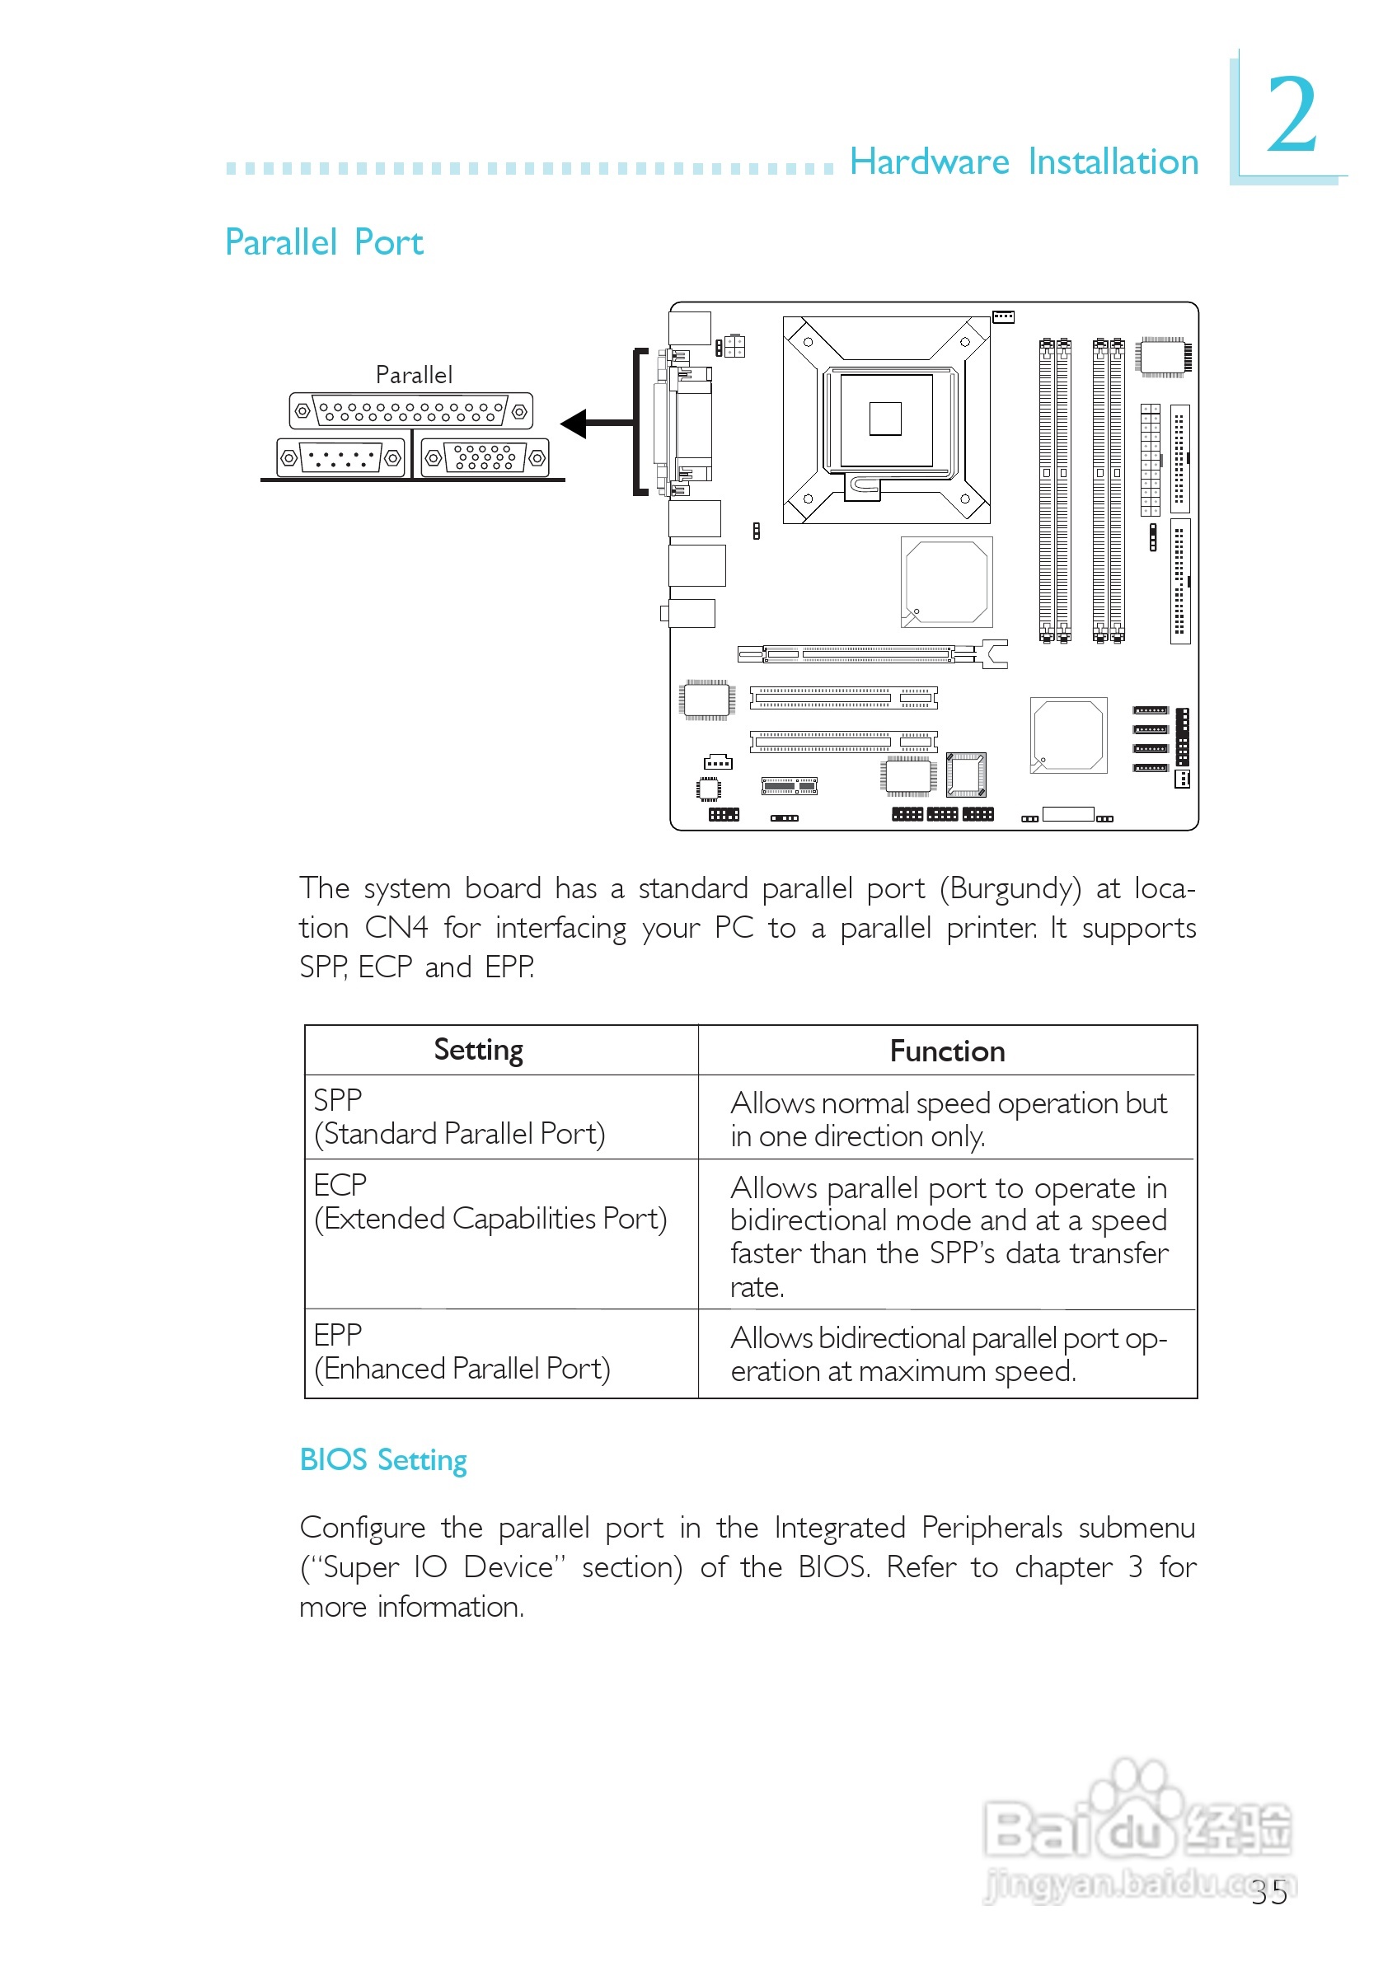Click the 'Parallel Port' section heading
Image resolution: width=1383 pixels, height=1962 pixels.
tap(324, 243)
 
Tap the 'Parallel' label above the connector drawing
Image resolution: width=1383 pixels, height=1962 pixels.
tap(414, 375)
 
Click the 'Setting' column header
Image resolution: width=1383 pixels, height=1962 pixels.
tap(478, 1050)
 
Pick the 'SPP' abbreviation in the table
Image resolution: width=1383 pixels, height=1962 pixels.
tap(338, 1100)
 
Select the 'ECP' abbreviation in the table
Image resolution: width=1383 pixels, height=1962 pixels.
tap(340, 1185)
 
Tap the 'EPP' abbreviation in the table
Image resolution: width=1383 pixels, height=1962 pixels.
tap(338, 1335)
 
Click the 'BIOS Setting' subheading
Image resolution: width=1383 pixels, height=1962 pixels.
tap(383, 1459)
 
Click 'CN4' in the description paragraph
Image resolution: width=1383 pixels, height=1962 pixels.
tap(396, 928)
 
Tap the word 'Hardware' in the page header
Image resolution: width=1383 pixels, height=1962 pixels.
tap(929, 162)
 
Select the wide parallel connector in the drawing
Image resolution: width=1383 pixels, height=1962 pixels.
tap(411, 411)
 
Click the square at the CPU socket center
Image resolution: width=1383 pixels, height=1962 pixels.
tap(884, 419)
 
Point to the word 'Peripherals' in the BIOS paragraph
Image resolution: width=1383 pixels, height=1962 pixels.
tap(992, 1528)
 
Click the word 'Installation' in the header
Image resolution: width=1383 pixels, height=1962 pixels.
tap(1113, 162)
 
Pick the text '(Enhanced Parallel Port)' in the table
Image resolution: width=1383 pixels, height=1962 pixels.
tap(462, 1369)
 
